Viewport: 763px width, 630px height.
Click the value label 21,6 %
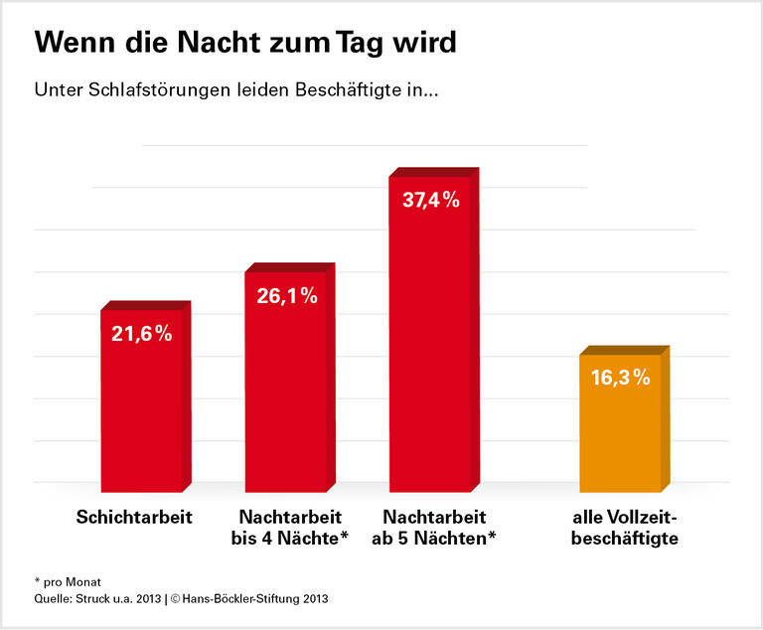(141, 334)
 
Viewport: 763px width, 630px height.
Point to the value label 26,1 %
(286, 295)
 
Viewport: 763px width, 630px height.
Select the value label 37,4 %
(430, 200)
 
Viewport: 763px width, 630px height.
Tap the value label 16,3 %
(620, 377)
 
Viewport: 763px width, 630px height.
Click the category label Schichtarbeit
(134, 518)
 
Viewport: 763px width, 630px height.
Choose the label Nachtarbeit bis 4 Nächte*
(290, 528)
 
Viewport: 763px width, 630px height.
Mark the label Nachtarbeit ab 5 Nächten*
(433, 528)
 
